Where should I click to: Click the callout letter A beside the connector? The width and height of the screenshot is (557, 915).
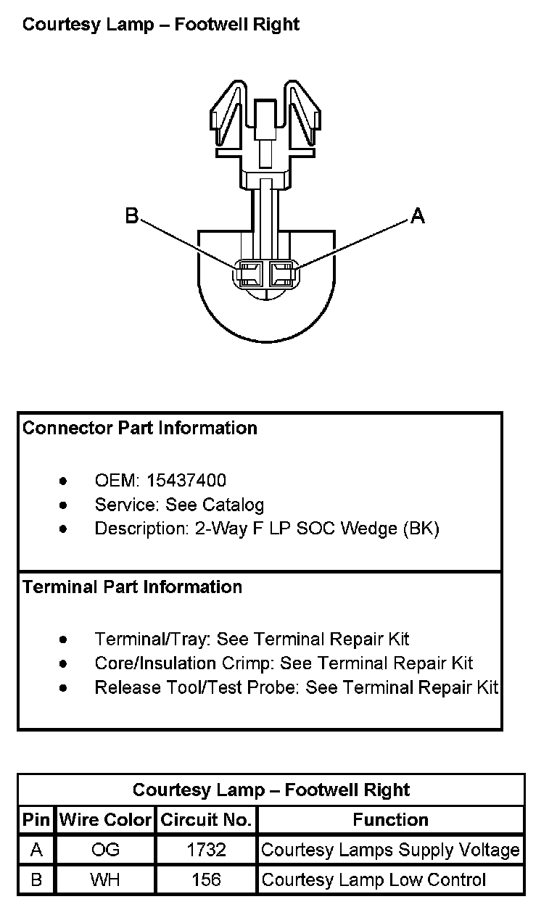click(418, 215)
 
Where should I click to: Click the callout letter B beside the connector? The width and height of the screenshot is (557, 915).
click(132, 215)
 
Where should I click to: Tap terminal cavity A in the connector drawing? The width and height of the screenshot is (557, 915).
click(281, 274)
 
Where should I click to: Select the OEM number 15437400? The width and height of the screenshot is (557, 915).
click(186, 481)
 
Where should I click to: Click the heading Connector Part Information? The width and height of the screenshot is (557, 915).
click(140, 428)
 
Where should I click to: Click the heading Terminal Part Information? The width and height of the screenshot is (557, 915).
click(132, 587)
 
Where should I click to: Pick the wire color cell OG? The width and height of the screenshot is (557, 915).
click(106, 850)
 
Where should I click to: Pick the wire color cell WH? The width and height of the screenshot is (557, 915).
click(106, 880)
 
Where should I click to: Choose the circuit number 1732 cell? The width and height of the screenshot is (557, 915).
click(206, 850)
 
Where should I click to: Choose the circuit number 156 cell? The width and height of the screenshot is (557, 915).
click(206, 880)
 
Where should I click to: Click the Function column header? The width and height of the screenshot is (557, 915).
click(390, 820)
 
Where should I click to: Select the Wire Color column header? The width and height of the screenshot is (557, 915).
click(106, 820)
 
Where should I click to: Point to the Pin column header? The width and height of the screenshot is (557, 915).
click(36, 820)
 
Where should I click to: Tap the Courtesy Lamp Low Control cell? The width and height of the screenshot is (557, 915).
click(374, 880)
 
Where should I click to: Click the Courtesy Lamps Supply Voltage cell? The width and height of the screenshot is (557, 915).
click(390, 850)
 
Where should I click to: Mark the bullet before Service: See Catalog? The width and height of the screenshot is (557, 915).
click(65, 505)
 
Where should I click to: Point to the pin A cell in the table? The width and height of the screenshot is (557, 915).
click(36, 850)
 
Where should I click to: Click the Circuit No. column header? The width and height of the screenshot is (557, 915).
click(206, 820)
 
